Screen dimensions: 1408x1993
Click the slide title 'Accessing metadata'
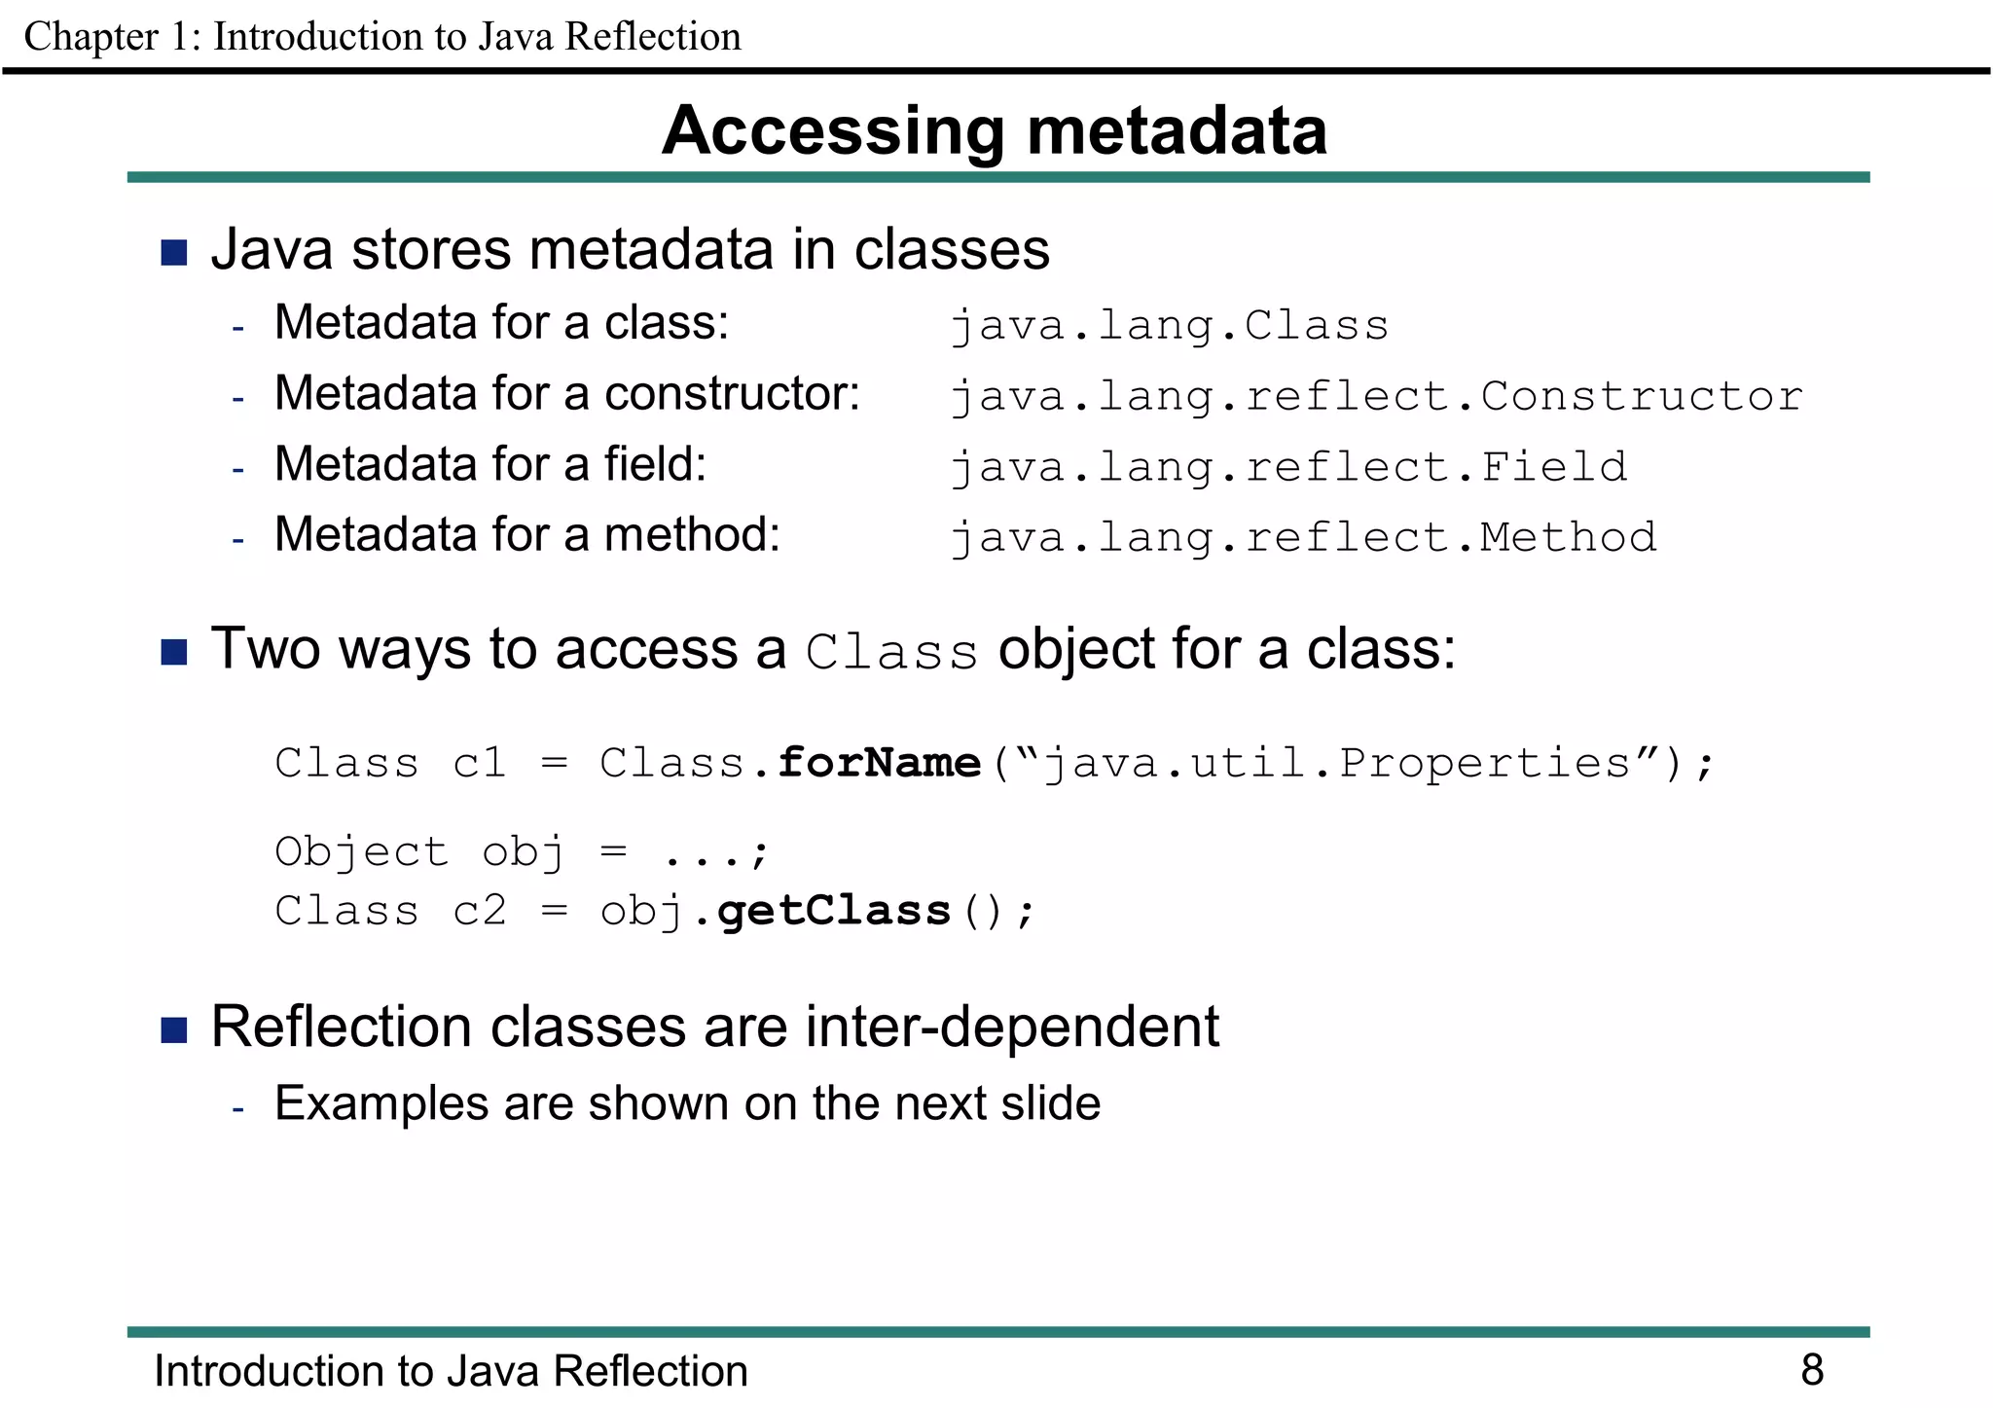click(995, 130)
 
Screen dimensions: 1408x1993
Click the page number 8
click(1811, 1369)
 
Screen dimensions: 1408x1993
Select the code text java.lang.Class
click(1169, 326)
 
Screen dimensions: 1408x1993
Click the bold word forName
click(879, 763)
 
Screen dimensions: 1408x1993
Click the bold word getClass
click(833, 911)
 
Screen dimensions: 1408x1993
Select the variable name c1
click(479, 763)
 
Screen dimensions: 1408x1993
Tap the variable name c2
click(479, 911)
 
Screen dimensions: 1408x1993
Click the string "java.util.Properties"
click(1336, 763)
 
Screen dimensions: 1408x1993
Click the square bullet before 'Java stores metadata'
click(174, 253)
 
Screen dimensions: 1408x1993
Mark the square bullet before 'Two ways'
click(174, 652)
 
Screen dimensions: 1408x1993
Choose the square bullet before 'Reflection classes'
click(174, 1029)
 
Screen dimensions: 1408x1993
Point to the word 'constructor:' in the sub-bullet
click(732, 394)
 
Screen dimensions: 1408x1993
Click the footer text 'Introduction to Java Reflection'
click(451, 1370)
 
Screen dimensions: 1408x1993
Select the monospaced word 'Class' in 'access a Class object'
click(891, 652)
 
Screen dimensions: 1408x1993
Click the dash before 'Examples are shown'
click(238, 1108)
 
